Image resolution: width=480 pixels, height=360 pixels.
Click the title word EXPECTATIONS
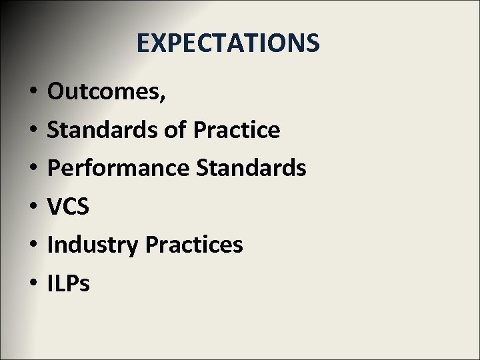tap(228, 43)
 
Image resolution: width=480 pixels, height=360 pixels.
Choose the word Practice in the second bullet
tap(236, 130)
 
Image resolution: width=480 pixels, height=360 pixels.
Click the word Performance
tap(118, 168)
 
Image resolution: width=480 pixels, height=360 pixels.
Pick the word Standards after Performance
tap(251, 168)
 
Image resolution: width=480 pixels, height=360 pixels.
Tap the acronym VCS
tap(68, 207)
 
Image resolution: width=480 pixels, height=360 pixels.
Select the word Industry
tap(93, 245)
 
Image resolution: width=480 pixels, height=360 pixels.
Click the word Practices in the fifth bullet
tap(193, 245)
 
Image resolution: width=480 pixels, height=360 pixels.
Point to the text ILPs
tap(69, 283)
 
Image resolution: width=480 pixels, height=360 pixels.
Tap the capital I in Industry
tap(51, 245)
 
